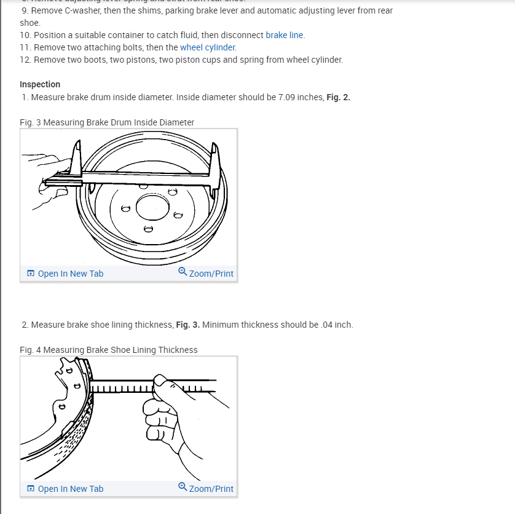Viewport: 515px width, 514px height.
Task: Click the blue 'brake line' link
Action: [x=285, y=35]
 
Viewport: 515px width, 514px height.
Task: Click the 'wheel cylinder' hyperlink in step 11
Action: [x=208, y=47]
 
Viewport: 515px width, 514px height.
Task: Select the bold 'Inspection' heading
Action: [x=40, y=84]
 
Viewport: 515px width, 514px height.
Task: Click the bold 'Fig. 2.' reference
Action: [x=338, y=97]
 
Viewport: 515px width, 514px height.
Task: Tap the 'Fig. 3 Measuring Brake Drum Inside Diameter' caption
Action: [x=107, y=122]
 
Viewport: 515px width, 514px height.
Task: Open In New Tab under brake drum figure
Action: [x=70, y=274]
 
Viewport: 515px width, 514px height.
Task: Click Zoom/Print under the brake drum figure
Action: [x=211, y=274]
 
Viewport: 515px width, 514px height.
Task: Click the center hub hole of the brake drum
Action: [x=152, y=206]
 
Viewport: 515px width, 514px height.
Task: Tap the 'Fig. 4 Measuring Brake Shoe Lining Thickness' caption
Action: [x=109, y=350]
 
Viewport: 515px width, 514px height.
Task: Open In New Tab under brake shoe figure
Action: [x=70, y=489]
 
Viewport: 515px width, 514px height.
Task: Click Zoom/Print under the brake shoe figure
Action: [x=211, y=489]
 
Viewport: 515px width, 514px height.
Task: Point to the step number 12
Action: [x=25, y=60]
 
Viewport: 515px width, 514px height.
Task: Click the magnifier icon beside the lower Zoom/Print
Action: [x=183, y=487]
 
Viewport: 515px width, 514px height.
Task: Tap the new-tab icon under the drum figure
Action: [x=31, y=274]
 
